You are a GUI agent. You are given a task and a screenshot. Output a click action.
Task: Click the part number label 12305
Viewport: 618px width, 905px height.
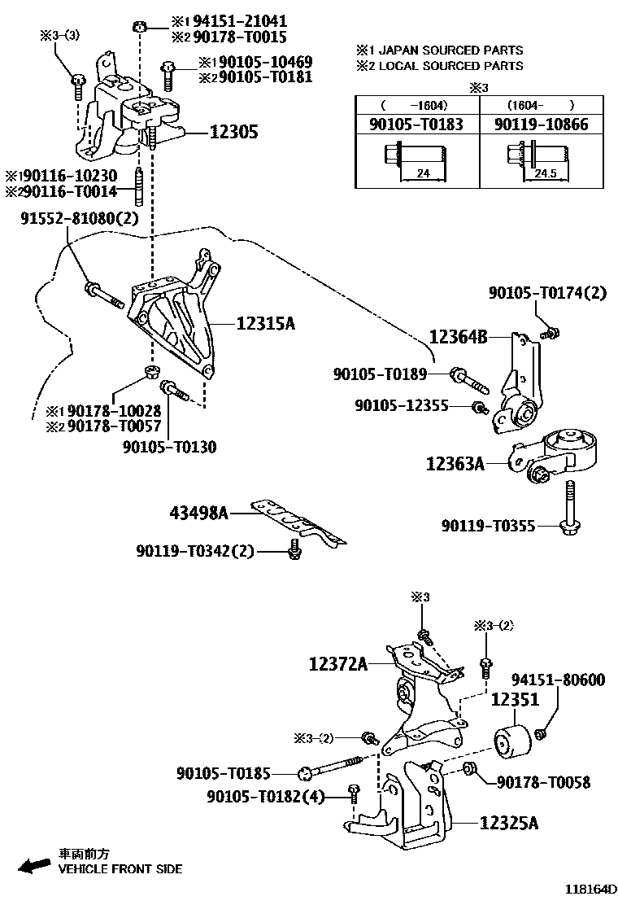click(x=234, y=132)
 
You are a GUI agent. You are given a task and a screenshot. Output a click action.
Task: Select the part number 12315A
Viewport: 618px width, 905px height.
click(x=265, y=323)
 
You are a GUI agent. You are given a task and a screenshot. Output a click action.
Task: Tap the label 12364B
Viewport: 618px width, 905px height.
click(x=458, y=335)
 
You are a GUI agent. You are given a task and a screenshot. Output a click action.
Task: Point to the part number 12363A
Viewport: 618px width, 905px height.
click(x=455, y=464)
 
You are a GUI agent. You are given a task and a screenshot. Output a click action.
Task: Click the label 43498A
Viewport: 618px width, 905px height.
click(x=198, y=513)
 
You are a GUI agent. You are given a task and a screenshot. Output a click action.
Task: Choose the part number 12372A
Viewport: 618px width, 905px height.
click(x=337, y=665)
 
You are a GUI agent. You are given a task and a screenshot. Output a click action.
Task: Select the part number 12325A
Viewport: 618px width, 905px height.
click(x=508, y=823)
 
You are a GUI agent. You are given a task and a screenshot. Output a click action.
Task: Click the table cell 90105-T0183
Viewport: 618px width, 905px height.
click(x=417, y=125)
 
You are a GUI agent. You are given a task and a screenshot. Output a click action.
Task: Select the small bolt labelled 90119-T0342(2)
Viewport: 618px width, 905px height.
click(x=295, y=553)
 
